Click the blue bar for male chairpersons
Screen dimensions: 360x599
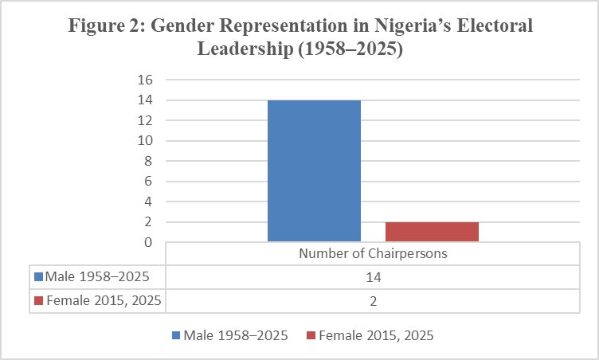point(314,170)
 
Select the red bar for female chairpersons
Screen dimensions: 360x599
point(432,231)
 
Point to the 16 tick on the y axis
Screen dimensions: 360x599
point(144,80)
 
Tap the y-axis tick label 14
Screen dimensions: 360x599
point(144,101)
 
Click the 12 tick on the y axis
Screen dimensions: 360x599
point(144,121)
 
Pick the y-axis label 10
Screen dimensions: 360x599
point(144,142)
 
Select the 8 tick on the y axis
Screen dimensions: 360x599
point(147,162)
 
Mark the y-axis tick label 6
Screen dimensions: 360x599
point(147,182)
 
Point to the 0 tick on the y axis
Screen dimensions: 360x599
point(147,242)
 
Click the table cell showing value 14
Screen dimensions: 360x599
point(373,277)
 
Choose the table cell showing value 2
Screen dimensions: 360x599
point(373,301)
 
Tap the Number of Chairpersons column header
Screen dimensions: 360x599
point(373,254)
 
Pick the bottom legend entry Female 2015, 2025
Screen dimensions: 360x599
point(376,336)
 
